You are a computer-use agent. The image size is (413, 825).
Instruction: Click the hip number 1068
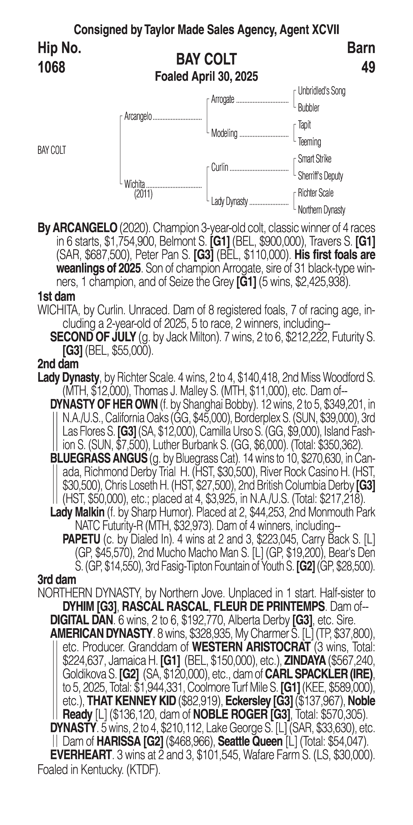(x=52, y=68)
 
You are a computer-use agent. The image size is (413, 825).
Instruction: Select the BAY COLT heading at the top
(x=206, y=59)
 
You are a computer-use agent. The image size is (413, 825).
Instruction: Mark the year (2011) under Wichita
(x=143, y=194)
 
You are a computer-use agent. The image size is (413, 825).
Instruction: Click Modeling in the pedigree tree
(x=224, y=133)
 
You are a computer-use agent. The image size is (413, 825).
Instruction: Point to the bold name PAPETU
(x=82, y=539)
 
